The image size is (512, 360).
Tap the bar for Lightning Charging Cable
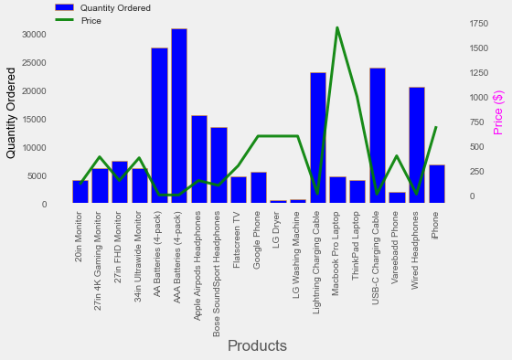[x=318, y=137]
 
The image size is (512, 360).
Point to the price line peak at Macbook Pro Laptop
[x=337, y=27]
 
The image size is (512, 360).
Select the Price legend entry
[x=91, y=20]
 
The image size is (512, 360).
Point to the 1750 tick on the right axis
[x=480, y=23]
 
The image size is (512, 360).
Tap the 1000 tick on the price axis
[x=480, y=98]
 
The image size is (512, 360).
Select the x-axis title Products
[x=257, y=346]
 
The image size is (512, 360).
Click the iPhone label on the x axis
[x=437, y=225]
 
